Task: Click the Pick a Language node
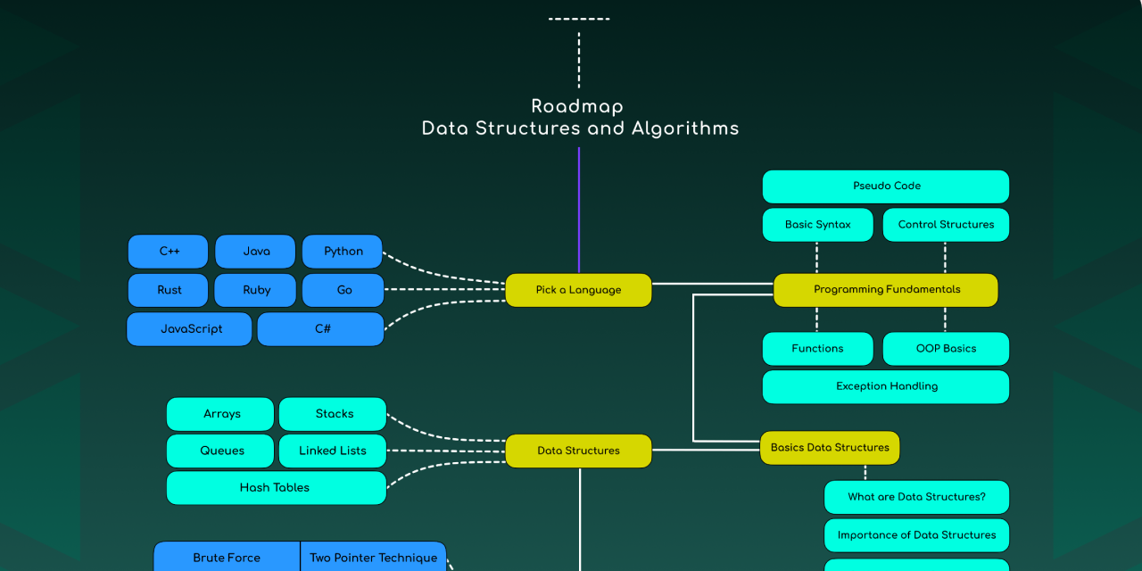[578, 290]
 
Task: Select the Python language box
[343, 252]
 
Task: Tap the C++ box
[169, 252]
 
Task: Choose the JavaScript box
[190, 329]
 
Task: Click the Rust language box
[169, 290]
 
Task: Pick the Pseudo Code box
[885, 186]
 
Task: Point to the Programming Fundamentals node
[885, 290]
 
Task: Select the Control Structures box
[946, 225]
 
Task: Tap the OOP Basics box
[946, 349]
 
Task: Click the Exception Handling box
[885, 387]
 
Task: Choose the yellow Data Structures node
[578, 451]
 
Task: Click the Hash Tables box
[276, 488]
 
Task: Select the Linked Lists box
[332, 451]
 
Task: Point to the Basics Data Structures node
[830, 448]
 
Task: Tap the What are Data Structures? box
[916, 497]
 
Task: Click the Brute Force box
[227, 558]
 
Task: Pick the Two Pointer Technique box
[373, 558]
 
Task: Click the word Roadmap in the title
[577, 106]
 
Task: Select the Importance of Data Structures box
[916, 535]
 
